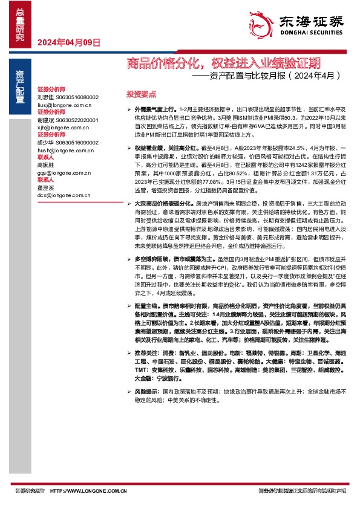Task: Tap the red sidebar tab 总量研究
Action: click(x=21, y=23)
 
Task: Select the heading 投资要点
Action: click(x=141, y=95)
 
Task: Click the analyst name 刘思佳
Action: click(x=45, y=97)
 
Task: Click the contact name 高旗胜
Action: click(x=45, y=164)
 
